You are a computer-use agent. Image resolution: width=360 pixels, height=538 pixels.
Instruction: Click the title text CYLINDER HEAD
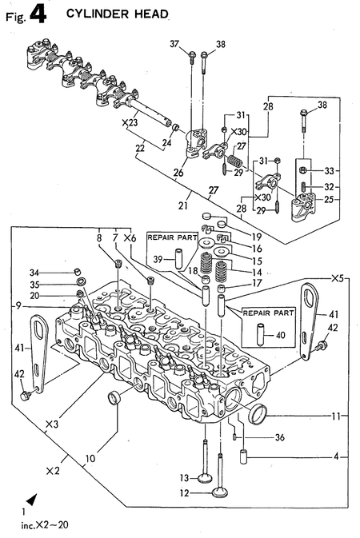117,14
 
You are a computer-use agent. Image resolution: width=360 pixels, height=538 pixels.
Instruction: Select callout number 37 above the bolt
174,44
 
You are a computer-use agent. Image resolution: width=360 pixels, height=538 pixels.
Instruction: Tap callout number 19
258,237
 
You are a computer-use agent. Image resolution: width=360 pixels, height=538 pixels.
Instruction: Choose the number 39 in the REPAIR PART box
158,258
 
